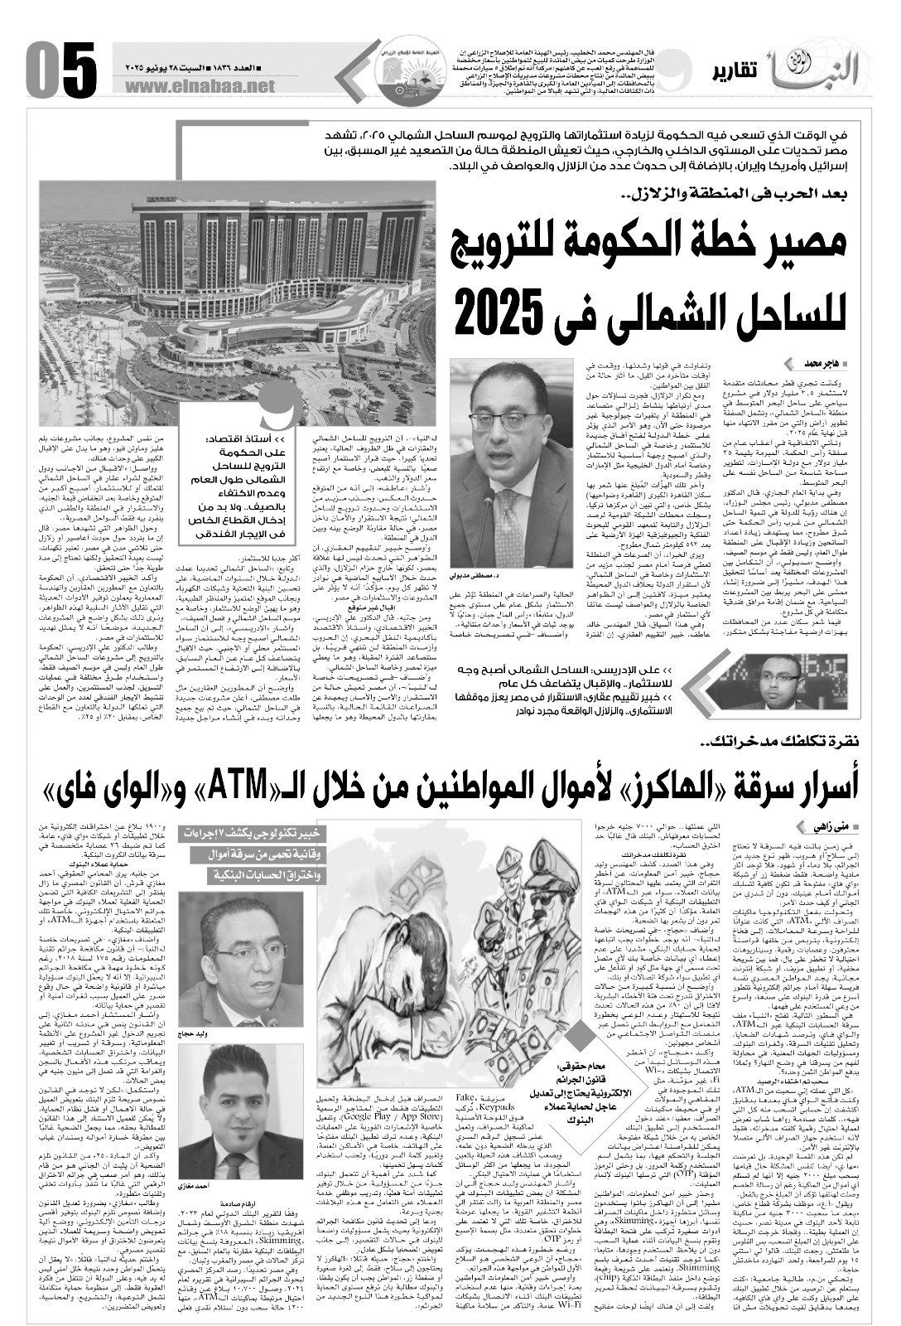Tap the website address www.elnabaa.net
click(x=204, y=85)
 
